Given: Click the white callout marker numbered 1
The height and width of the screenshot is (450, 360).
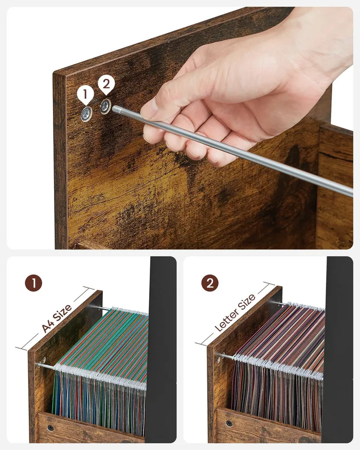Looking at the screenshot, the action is click(x=85, y=95).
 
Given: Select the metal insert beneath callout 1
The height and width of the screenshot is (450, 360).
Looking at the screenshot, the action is click(x=86, y=114).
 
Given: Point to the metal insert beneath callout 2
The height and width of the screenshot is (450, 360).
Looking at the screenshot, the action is click(x=105, y=106).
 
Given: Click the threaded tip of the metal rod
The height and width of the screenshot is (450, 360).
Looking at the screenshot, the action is click(x=116, y=109).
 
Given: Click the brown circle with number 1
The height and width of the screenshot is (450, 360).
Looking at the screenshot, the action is click(x=33, y=283).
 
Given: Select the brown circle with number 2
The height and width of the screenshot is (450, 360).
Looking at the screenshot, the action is click(x=210, y=283).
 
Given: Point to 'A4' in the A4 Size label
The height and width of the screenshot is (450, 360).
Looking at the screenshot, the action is click(x=47, y=326).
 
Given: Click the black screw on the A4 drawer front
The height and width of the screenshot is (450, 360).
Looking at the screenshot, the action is click(x=50, y=428).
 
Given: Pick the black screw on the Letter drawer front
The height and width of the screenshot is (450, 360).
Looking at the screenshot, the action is click(x=229, y=423).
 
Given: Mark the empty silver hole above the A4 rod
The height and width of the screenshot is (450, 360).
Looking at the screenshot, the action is click(x=44, y=359).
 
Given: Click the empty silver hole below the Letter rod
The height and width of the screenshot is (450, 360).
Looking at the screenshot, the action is click(x=219, y=359).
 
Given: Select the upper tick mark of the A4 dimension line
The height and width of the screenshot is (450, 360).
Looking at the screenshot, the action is click(x=88, y=288).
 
